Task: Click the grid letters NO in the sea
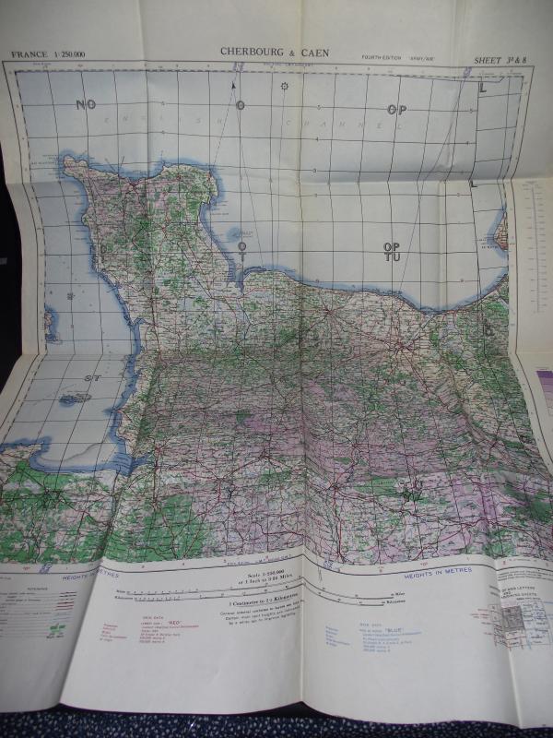(x=86, y=104)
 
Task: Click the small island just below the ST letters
(x=74, y=399)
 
